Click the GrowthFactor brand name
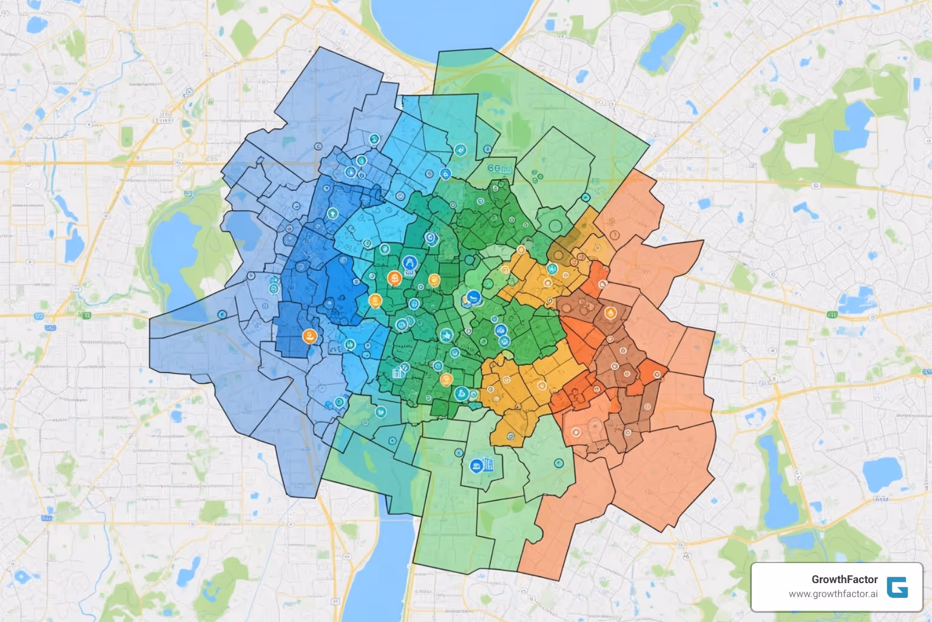844,579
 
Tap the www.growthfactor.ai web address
832,594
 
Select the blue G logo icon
897,587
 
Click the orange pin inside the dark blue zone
310,336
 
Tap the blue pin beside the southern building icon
476,466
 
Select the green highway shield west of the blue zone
85,315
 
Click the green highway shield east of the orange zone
832,315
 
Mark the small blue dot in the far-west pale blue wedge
222,315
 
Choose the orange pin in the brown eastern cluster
610,313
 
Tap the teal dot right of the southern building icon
558,463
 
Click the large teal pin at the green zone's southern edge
461,394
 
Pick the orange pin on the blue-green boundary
375,300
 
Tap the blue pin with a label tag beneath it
410,264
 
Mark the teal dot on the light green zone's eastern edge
586,197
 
